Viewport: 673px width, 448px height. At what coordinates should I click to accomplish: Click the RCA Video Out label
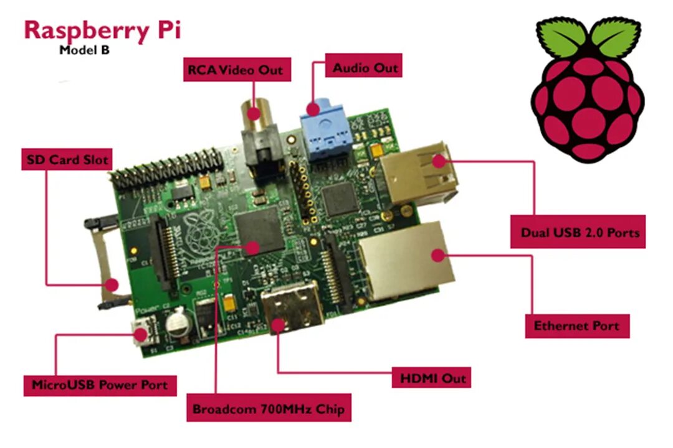tap(235, 69)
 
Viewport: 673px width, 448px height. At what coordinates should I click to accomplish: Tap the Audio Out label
tap(365, 67)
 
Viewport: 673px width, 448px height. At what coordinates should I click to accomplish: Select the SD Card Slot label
tap(66, 159)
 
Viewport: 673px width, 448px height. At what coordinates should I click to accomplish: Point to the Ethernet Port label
tap(576, 325)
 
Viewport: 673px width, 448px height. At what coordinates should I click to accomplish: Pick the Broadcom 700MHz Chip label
tap(269, 410)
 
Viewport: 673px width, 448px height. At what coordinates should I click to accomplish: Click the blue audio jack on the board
tap(322, 134)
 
